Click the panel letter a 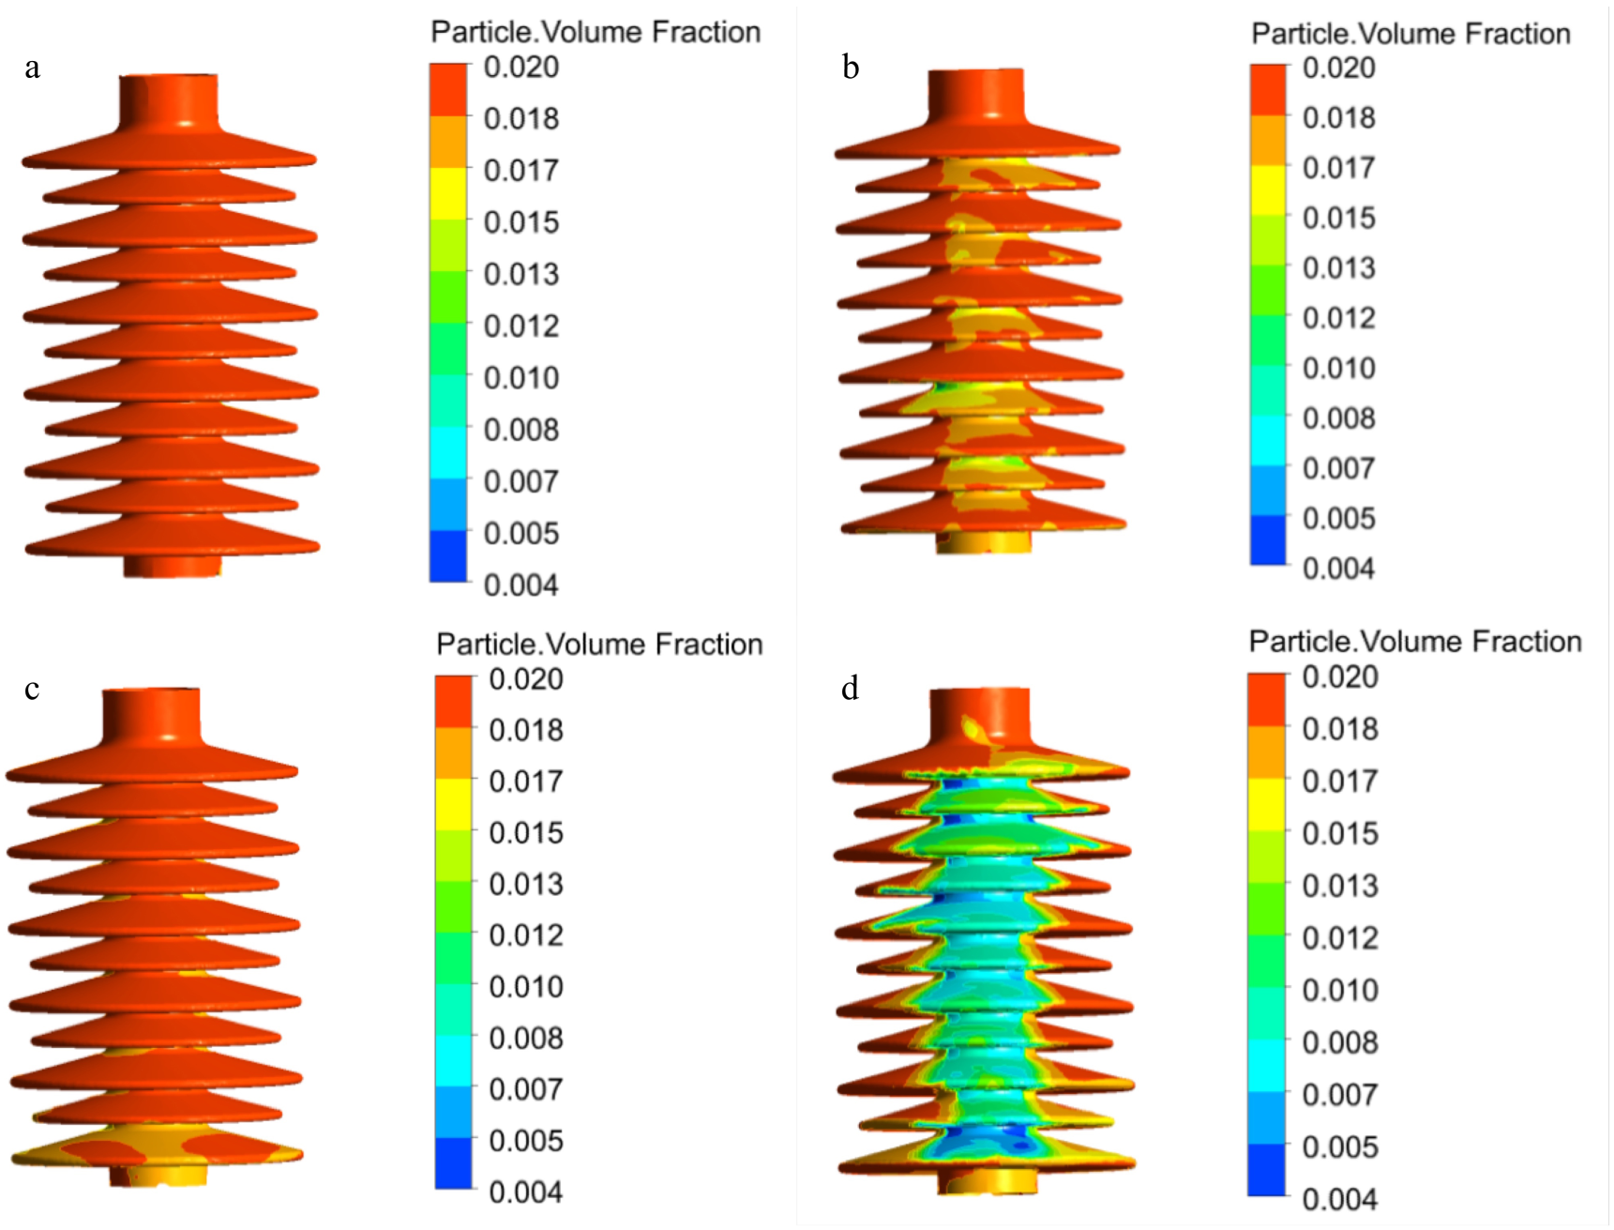(x=33, y=68)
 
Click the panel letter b (x=851, y=68)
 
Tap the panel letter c (x=32, y=690)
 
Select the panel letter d (x=850, y=690)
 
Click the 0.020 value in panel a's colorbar (x=520, y=68)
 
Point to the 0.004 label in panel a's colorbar (x=520, y=585)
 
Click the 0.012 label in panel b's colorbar (x=1338, y=318)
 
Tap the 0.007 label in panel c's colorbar (x=525, y=1089)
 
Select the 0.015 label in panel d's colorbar (x=1339, y=833)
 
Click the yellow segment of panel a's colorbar (x=448, y=193)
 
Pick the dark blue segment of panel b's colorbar (x=1268, y=540)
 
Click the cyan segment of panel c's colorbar (x=453, y=1061)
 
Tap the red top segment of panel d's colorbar (x=1266, y=699)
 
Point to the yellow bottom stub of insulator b (x=983, y=542)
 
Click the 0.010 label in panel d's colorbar (x=1339, y=990)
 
